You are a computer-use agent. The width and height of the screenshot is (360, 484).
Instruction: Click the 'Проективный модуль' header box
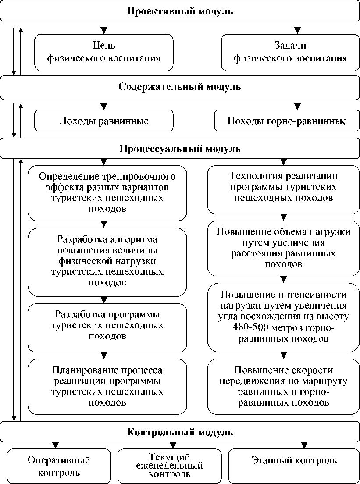180,11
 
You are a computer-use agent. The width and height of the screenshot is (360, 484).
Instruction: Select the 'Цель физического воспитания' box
104,52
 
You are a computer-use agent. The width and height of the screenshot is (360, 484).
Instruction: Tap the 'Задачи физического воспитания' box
290,52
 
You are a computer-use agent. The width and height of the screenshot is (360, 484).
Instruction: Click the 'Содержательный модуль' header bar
180,87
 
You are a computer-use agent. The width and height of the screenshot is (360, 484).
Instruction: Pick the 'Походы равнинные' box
104,121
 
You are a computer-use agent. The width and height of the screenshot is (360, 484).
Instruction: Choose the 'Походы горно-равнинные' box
287,121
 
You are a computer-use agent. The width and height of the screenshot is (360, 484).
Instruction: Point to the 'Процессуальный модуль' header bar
180,149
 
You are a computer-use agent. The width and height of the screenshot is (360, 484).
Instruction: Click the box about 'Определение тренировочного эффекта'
107,193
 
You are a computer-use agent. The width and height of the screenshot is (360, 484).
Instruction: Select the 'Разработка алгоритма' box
107,261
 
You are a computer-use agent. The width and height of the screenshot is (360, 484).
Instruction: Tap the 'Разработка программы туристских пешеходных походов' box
107,326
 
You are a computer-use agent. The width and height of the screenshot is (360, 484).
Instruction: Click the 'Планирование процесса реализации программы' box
107,386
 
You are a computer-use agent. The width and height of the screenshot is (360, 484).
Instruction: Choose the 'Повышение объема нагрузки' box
283,248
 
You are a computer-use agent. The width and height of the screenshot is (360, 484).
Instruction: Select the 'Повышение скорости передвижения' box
283,386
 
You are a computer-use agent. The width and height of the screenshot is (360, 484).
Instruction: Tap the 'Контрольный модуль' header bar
180,432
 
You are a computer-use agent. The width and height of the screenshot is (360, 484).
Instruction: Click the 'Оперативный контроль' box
59,466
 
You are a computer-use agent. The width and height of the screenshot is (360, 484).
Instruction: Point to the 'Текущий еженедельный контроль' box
169,466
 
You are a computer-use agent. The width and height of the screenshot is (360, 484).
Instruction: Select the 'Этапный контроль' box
294,461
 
